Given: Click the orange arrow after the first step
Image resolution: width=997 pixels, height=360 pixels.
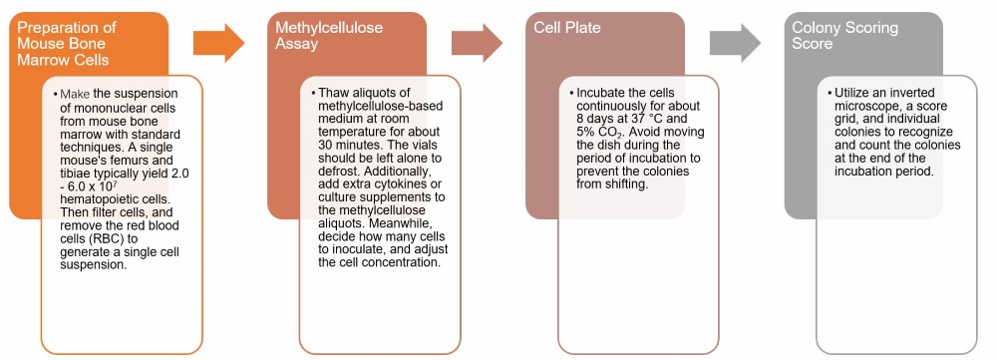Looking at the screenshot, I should coord(218,41).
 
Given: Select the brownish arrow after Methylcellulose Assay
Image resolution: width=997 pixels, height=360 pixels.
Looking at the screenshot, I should coord(477,41).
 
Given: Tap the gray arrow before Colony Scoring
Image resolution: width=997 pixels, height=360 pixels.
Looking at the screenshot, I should coord(735,41).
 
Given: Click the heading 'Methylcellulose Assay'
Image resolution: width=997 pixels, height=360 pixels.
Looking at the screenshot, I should coord(329,36).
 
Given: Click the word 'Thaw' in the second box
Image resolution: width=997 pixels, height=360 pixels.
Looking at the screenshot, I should coord(334,93).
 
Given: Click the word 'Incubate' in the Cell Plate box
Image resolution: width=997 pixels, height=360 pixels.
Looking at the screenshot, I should coord(602,93).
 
